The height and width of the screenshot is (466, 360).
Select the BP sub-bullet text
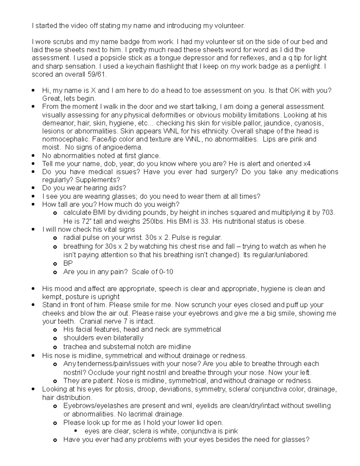point(68,263)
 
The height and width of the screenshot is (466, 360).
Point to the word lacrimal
point(138,414)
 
